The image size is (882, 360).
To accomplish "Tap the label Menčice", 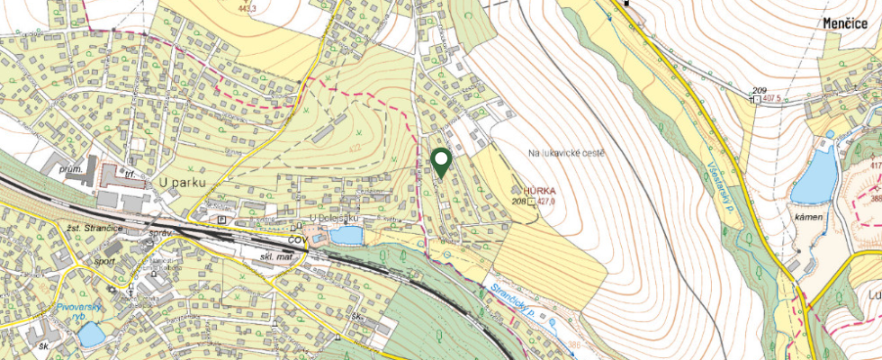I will click(848, 23).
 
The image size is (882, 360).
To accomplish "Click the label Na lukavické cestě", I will click(567, 153).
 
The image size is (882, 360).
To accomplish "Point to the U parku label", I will click(183, 183).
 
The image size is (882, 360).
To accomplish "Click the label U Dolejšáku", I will click(334, 219).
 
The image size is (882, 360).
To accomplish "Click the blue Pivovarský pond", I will click(90, 335).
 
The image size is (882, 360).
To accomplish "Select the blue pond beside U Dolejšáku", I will click(346, 236).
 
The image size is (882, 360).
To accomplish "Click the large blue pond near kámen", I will click(814, 176).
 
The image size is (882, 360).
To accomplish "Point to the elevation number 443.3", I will click(247, 8).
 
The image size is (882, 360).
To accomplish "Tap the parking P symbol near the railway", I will click(222, 218).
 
